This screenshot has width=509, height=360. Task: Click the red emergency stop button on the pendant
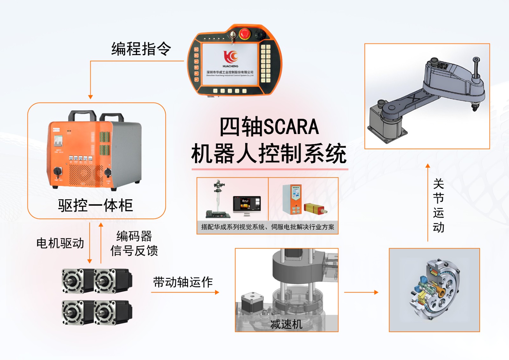click(x=245, y=33)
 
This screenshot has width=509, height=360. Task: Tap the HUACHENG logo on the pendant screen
click(x=230, y=57)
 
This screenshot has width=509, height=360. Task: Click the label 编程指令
click(x=141, y=49)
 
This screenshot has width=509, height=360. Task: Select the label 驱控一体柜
click(x=95, y=205)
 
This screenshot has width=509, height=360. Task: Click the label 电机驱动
click(x=60, y=243)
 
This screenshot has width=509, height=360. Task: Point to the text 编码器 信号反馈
click(x=134, y=244)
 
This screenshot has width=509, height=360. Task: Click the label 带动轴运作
click(x=183, y=282)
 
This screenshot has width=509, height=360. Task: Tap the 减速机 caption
click(x=286, y=324)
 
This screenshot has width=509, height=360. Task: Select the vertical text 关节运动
click(x=438, y=206)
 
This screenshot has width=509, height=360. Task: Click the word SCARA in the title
click(x=291, y=127)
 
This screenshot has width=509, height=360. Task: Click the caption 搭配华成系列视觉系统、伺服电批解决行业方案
click(x=268, y=227)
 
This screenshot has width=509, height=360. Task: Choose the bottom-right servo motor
click(x=113, y=312)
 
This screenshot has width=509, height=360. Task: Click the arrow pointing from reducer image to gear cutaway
click(x=361, y=292)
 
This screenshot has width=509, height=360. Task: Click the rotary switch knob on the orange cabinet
click(x=58, y=172)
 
